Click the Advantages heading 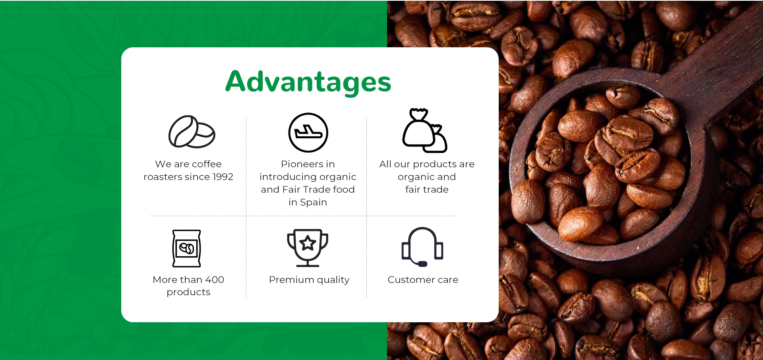(308, 82)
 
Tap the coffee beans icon (192, 132)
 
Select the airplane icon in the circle (308, 132)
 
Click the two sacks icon (425, 130)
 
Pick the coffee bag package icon (186, 248)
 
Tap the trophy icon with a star (308, 248)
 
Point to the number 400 (215, 280)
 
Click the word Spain (314, 202)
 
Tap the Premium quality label (309, 280)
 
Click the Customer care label (423, 280)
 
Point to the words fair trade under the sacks (427, 190)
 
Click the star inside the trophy (308, 243)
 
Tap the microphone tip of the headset (422, 264)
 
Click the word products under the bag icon (188, 292)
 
